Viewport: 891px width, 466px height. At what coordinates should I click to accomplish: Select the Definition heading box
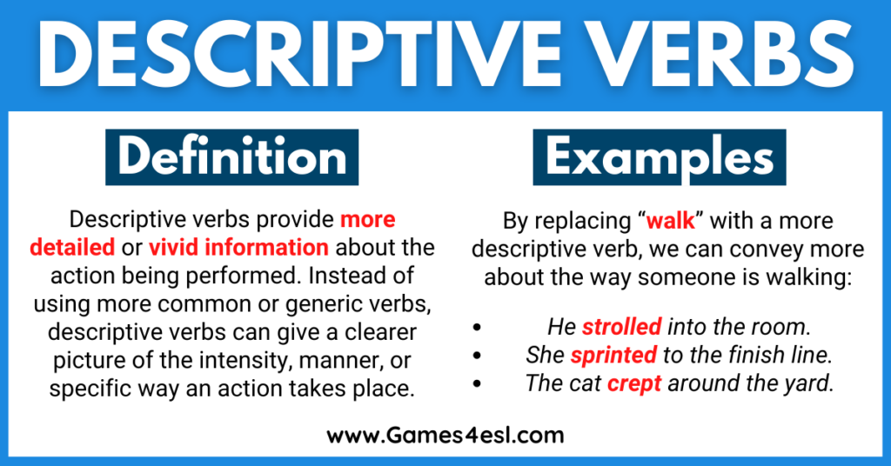point(232,156)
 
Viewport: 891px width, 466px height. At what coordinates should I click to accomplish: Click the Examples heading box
point(659,156)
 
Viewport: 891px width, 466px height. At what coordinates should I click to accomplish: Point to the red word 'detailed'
point(72,247)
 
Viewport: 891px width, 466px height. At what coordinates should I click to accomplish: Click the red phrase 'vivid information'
point(238,247)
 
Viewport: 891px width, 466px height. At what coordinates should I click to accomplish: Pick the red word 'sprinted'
point(613,355)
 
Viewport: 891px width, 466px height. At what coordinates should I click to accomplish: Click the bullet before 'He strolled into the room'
point(476,327)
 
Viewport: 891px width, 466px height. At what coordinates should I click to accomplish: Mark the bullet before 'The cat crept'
point(476,383)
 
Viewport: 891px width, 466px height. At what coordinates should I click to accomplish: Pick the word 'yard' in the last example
point(814,383)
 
